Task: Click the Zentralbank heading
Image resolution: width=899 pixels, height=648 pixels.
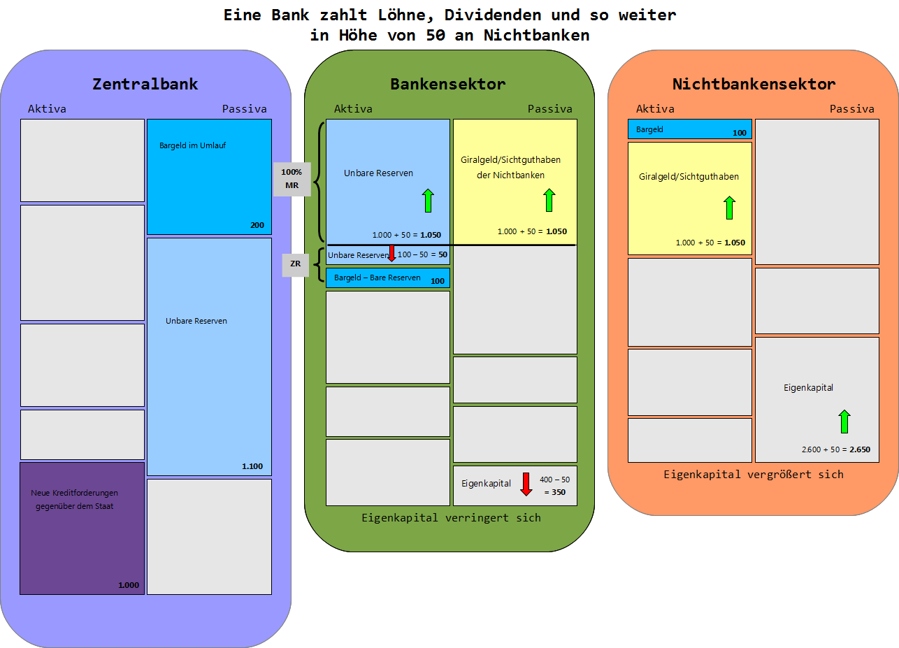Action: coord(145,84)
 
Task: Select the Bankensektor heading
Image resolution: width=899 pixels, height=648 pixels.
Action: coord(447,84)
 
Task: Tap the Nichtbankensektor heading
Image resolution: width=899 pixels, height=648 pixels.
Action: coord(754,84)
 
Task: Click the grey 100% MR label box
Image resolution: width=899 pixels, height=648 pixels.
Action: coord(292,179)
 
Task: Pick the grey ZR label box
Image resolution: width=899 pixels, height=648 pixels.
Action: coord(295,264)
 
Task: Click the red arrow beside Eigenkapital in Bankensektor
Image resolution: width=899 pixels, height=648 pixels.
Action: coord(527,484)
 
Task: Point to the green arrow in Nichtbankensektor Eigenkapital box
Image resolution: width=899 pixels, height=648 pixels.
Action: coord(844,422)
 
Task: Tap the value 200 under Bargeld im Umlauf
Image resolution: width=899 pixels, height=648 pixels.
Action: coord(257,225)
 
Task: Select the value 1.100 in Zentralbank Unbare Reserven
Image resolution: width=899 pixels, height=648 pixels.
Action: coord(252,466)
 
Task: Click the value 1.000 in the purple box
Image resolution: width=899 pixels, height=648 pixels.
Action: coord(129,585)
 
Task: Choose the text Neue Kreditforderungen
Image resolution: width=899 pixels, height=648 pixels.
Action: coord(74,493)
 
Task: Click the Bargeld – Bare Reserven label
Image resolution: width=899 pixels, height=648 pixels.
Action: coord(377,278)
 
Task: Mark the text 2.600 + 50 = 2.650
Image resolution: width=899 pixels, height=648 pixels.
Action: coord(836,449)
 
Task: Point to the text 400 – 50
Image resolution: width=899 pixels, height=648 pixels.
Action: coord(554,480)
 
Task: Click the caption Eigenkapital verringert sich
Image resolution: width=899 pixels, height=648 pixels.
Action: coord(451,518)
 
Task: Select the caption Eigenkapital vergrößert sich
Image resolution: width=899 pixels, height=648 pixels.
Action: coord(753,475)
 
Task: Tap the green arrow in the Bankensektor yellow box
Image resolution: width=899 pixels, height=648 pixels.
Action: coord(549,200)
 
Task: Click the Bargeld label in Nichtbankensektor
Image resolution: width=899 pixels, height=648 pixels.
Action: coord(649,129)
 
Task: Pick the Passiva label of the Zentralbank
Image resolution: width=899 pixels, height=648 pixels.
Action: coord(244,109)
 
